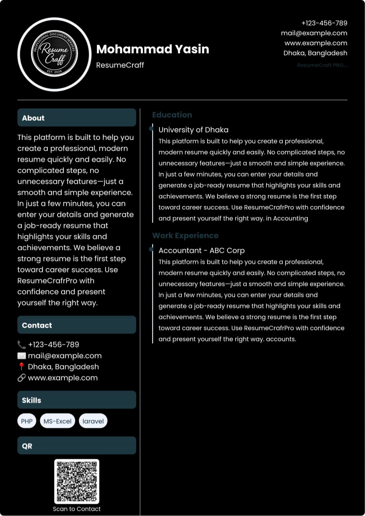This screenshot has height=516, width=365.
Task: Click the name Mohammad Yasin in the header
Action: pyautogui.click(x=152, y=49)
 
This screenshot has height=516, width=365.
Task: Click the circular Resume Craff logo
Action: pyautogui.click(x=54, y=54)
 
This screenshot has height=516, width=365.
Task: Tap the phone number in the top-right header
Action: pyautogui.click(x=324, y=23)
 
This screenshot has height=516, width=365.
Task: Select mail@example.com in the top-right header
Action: pyautogui.click(x=314, y=33)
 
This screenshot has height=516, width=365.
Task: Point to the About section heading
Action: pyautogui.click(x=33, y=118)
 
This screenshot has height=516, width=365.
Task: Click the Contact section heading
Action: pyautogui.click(x=37, y=325)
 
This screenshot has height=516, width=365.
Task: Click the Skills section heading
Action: pyautogui.click(x=31, y=400)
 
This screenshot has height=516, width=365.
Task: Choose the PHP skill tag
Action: pyautogui.click(x=27, y=421)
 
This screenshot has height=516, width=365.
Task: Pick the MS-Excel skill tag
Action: pyautogui.click(x=57, y=421)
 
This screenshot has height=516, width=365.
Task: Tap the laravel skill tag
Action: pyautogui.click(x=93, y=421)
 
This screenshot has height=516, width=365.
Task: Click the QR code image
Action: pyautogui.click(x=77, y=481)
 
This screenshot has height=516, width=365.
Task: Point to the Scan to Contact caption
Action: pyautogui.click(x=77, y=509)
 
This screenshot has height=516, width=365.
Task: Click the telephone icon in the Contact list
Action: pyautogui.click(x=22, y=345)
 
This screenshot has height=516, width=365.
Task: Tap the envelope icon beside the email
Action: pyautogui.click(x=22, y=356)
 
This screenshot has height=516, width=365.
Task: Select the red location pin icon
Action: pyautogui.click(x=22, y=367)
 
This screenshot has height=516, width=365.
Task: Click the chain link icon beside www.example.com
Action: pyautogui.click(x=22, y=378)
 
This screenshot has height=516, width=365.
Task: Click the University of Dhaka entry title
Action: pyautogui.click(x=193, y=130)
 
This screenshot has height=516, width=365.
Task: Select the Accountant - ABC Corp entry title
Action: pyautogui.click(x=201, y=250)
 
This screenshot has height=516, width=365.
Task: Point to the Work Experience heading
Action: pyautogui.click(x=185, y=236)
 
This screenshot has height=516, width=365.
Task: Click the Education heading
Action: pyautogui.click(x=172, y=115)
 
